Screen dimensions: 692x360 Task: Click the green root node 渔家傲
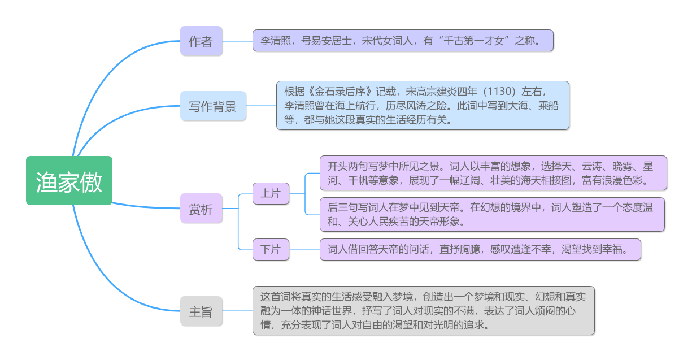69,180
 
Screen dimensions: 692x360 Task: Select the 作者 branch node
201,41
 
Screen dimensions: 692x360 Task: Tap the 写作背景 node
213,106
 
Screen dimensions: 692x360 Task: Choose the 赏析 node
201,209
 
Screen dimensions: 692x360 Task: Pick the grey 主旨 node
201,311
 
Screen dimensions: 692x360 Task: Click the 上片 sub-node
271,194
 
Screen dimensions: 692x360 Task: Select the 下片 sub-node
271,249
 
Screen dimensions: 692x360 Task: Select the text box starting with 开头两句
493,173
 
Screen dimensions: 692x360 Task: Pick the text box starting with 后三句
492,214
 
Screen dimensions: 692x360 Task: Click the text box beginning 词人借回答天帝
480,249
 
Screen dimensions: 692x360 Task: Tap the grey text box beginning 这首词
424,311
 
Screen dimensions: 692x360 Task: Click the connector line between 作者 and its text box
237,41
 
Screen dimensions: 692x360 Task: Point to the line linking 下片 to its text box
304,250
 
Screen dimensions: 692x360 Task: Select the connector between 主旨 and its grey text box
237,311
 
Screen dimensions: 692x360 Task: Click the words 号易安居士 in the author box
327,41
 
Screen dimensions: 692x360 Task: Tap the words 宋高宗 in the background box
421,92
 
